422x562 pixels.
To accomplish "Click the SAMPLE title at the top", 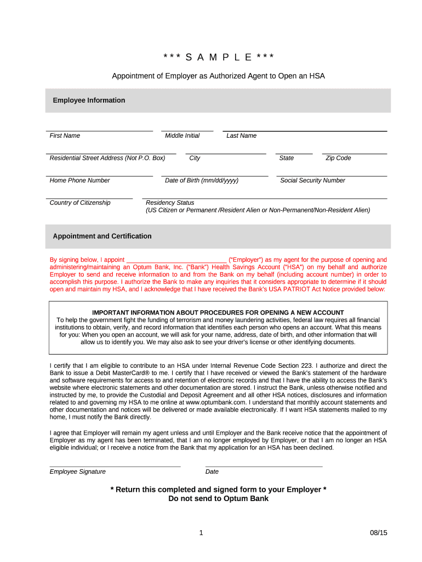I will click(218, 58).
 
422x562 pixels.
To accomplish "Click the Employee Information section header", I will click(89, 100).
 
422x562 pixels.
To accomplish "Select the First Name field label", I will click(65, 136).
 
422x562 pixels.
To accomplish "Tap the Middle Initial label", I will click(182, 136).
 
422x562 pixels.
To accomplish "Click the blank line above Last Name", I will click(305, 131).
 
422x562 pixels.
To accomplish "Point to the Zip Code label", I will click(338, 158).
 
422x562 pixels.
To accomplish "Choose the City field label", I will click(195, 158).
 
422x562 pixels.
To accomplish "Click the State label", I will click(286, 158).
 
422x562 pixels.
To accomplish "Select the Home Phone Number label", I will click(79, 181).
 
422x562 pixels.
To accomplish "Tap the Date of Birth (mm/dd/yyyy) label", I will click(201, 181).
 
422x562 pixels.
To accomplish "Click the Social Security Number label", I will click(312, 181).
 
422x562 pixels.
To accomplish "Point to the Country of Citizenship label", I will click(79, 203).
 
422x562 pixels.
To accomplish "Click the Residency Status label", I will click(170, 203).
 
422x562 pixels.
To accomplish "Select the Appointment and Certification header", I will click(102, 237).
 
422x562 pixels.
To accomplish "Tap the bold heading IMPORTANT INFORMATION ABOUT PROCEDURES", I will click(218, 313).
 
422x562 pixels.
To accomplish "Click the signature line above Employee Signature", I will click(115, 466).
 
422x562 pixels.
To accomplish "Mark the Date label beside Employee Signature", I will click(212, 472).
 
